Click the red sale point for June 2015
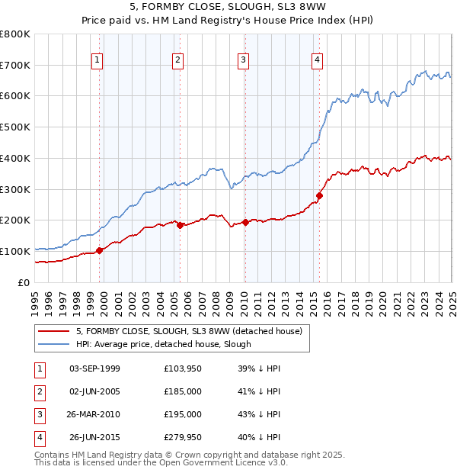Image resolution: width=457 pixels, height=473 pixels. (x=319, y=195)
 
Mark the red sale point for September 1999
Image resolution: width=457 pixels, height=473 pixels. (x=99, y=250)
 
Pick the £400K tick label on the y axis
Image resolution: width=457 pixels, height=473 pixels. (x=15, y=158)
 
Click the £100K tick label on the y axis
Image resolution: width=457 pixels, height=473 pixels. (x=15, y=251)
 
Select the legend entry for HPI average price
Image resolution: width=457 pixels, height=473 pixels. (x=163, y=344)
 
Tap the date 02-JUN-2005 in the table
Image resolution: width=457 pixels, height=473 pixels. (x=94, y=391)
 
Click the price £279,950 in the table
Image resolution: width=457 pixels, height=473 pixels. (x=183, y=437)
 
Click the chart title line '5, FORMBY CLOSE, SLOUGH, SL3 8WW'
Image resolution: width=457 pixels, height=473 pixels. (x=228, y=8)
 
